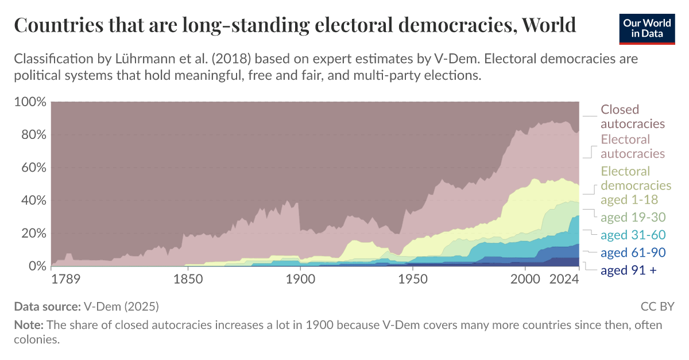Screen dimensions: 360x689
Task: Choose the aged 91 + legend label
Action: (628, 270)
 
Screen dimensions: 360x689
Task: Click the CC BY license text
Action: (657, 306)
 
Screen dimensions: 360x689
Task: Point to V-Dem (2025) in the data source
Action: (121, 306)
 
